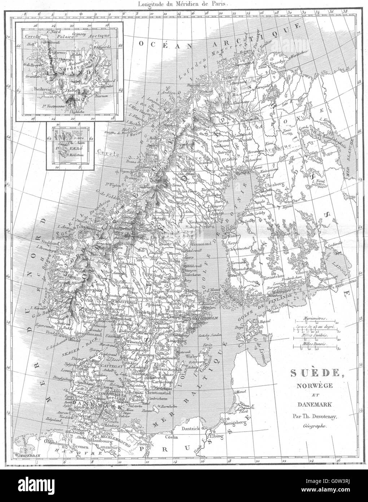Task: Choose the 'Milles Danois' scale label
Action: pos(312,344)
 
